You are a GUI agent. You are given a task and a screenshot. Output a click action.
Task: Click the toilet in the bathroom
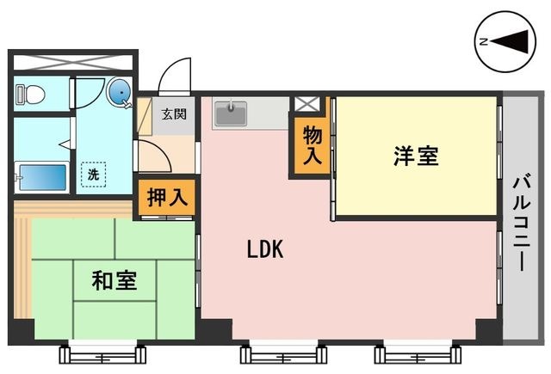click(31, 94)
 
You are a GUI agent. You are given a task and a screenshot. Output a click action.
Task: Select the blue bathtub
click(42, 177)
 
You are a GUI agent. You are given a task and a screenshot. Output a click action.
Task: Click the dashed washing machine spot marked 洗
click(93, 174)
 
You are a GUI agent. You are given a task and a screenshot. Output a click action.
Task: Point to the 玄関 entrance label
click(174, 114)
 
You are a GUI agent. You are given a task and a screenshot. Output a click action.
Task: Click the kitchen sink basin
click(231, 113)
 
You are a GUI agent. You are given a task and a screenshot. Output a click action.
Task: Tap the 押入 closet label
click(167, 198)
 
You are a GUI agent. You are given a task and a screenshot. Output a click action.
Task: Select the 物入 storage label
click(313, 145)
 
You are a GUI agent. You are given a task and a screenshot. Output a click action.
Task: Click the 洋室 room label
click(416, 156)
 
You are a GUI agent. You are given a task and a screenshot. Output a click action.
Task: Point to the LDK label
click(265, 249)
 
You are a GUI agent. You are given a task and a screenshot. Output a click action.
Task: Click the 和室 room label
click(115, 280)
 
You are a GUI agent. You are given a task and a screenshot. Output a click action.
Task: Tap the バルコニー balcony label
click(522, 223)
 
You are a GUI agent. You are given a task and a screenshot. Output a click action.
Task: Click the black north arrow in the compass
click(510, 42)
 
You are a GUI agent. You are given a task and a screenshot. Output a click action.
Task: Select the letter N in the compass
click(484, 42)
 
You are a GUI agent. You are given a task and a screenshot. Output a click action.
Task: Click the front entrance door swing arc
click(174, 76)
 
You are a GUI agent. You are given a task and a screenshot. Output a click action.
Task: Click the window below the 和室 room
click(102, 353)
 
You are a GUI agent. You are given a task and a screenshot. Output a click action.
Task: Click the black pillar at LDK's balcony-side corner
click(489, 331)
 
